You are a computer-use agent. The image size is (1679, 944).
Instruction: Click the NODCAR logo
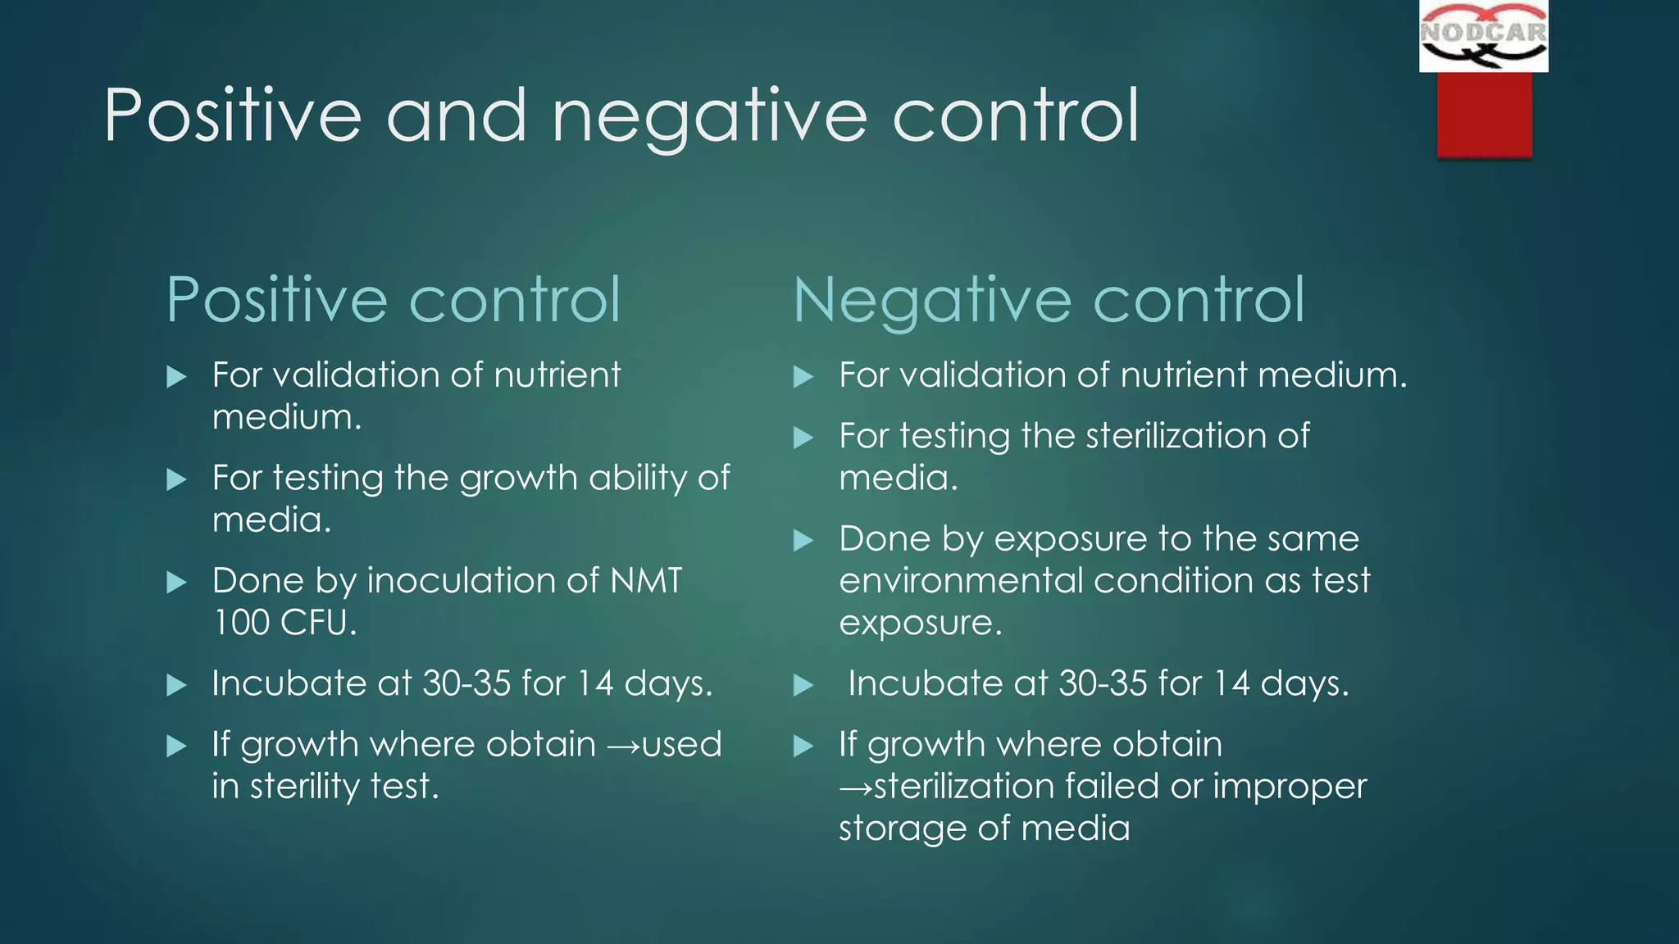(x=1483, y=35)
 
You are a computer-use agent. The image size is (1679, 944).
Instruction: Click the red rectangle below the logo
(x=1484, y=114)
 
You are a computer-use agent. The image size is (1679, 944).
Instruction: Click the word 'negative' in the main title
(x=709, y=116)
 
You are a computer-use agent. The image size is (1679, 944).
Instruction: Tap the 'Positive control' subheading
(x=394, y=300)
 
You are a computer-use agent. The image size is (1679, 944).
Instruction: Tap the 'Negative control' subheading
(x=1049, y=300)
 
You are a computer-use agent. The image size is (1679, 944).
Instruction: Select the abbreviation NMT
(x=646, y=581)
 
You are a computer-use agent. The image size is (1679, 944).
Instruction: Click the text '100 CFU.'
(x=284, y=623)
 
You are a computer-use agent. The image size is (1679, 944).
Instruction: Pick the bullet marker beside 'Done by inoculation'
(x=176, y=583)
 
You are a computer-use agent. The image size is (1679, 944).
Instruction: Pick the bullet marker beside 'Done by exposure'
(x=803, y=541)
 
